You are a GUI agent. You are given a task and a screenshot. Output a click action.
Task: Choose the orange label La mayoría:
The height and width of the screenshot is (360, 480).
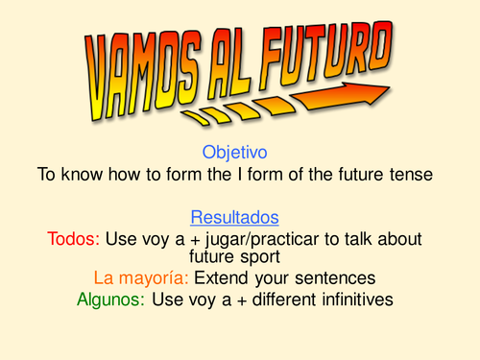click(x=141, y=278)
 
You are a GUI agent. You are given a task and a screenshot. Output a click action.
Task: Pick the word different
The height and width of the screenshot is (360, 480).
click(x=277, y=300)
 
